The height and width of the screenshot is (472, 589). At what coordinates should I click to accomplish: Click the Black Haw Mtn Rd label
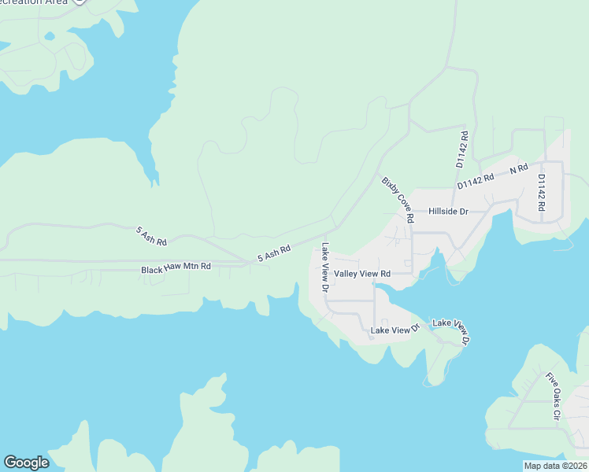(176, 268)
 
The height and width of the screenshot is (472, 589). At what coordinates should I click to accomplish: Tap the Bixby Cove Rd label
(398, 200)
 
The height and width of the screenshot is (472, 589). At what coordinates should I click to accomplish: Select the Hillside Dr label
(448, 212)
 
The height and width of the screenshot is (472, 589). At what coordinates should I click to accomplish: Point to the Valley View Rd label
(362, 274)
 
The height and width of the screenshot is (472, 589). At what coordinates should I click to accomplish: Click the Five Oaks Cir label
(552, 396)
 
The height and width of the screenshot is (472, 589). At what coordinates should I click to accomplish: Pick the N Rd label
(518, 169)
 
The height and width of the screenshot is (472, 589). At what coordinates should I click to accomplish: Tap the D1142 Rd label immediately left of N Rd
(476, 180)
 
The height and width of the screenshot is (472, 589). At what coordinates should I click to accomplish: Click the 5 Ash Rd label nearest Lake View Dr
(274, 253)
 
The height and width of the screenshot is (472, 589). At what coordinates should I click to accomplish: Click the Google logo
(26, 463)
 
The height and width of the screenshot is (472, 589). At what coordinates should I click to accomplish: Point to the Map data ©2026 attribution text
(555, 466)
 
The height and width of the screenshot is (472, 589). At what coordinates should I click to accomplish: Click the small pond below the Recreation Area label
(50, 36)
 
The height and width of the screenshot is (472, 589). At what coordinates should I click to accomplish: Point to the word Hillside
(443, 212)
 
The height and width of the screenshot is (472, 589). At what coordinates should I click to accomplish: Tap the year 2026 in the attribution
(575, 466)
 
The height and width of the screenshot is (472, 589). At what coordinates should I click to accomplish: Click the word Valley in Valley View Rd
(347, 274)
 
